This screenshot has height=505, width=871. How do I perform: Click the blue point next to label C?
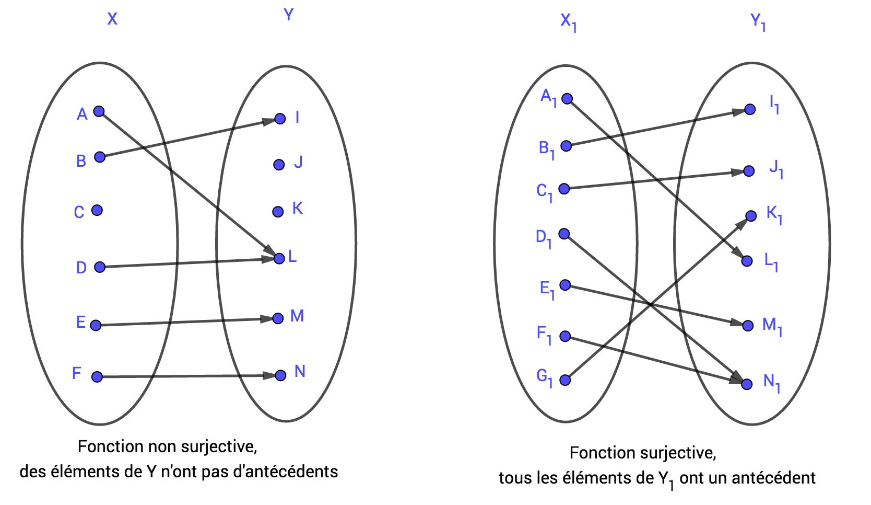tap(97, 210)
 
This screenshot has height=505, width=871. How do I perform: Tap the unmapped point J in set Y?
tap(279, 165)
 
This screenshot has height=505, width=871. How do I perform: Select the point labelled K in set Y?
tap(278, 212)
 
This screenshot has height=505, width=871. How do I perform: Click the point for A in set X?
tap(99, 111)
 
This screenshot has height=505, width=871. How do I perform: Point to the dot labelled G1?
tap(565, 380)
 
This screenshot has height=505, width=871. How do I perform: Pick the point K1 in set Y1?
tap(751, 216)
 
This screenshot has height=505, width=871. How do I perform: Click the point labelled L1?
tap(747, 261)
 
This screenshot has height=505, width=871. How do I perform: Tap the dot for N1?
tap(747, 384)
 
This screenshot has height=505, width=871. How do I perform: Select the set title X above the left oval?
tap(112, 19)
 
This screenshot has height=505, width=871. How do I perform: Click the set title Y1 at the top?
tap(758, 22)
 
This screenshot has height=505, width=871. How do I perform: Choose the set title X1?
tap(568, 22)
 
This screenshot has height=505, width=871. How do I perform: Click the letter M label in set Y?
tap(297, 316)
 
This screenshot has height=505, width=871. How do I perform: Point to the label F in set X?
tap(77, 373)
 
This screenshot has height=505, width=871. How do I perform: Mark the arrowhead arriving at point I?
tap(268, 121)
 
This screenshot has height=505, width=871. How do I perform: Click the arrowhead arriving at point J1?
tap(737, 172)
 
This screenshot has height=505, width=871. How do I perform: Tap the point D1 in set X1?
tap(564, 234)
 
